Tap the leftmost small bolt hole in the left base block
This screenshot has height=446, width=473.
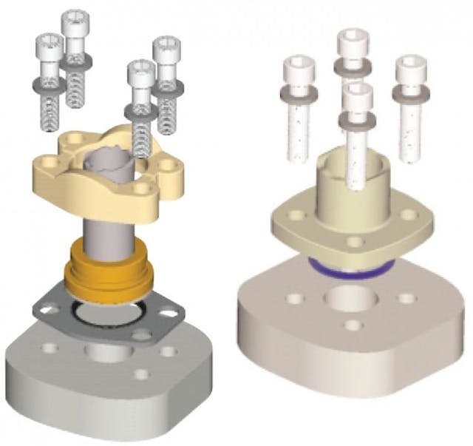(49, 347)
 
